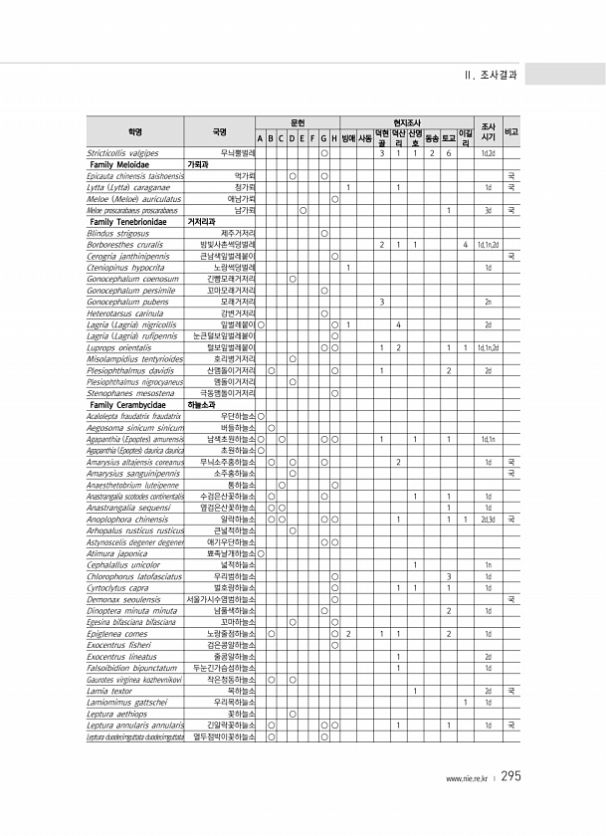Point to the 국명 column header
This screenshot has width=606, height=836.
click(x=220, y=131)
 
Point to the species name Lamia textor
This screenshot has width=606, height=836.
click(x=108, y=689)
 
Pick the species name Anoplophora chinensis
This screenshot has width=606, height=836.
click(x=130, y=519)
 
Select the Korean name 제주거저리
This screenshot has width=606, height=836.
click(x=240, y=232)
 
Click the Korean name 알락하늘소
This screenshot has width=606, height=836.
click(x=239, y=519)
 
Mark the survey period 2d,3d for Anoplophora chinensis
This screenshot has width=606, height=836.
click(x=489, y=519)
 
